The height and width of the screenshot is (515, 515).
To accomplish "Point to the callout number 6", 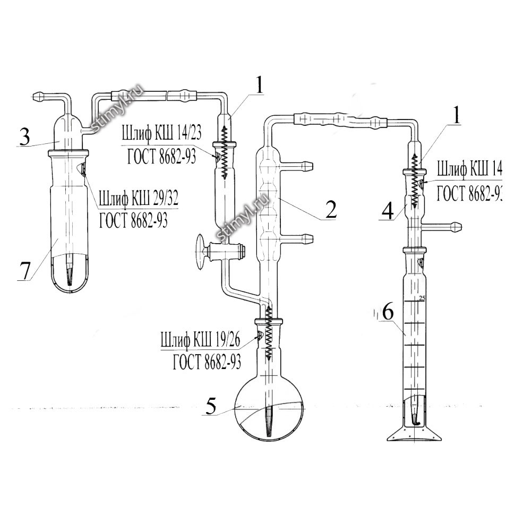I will coord(388,313).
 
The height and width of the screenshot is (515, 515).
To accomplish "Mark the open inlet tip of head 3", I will coord(36,97).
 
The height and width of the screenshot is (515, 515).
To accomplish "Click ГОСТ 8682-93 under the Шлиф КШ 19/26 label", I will coord(207,362).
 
